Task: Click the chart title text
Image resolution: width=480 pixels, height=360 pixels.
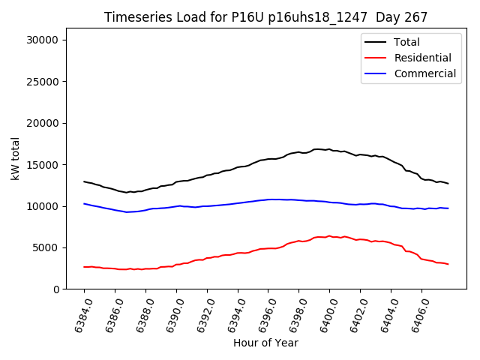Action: tap(265, 17)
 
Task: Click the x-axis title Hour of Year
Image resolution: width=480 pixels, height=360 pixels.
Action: tap(265, 343)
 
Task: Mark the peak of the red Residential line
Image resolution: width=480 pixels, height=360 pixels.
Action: tap(328, 235)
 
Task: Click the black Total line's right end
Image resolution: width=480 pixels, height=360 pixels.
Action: tap(448, 184)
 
